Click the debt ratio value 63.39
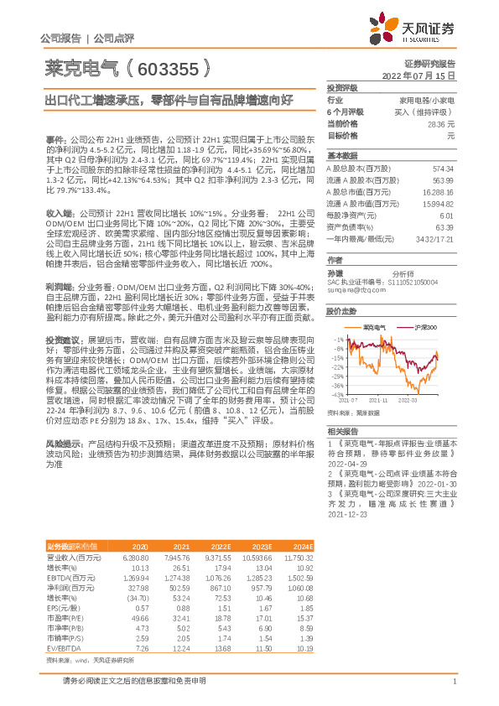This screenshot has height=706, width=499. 444,227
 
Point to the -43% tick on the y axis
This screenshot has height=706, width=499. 337,394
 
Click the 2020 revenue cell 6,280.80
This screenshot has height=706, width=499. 135,557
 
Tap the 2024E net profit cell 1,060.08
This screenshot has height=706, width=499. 298,589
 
